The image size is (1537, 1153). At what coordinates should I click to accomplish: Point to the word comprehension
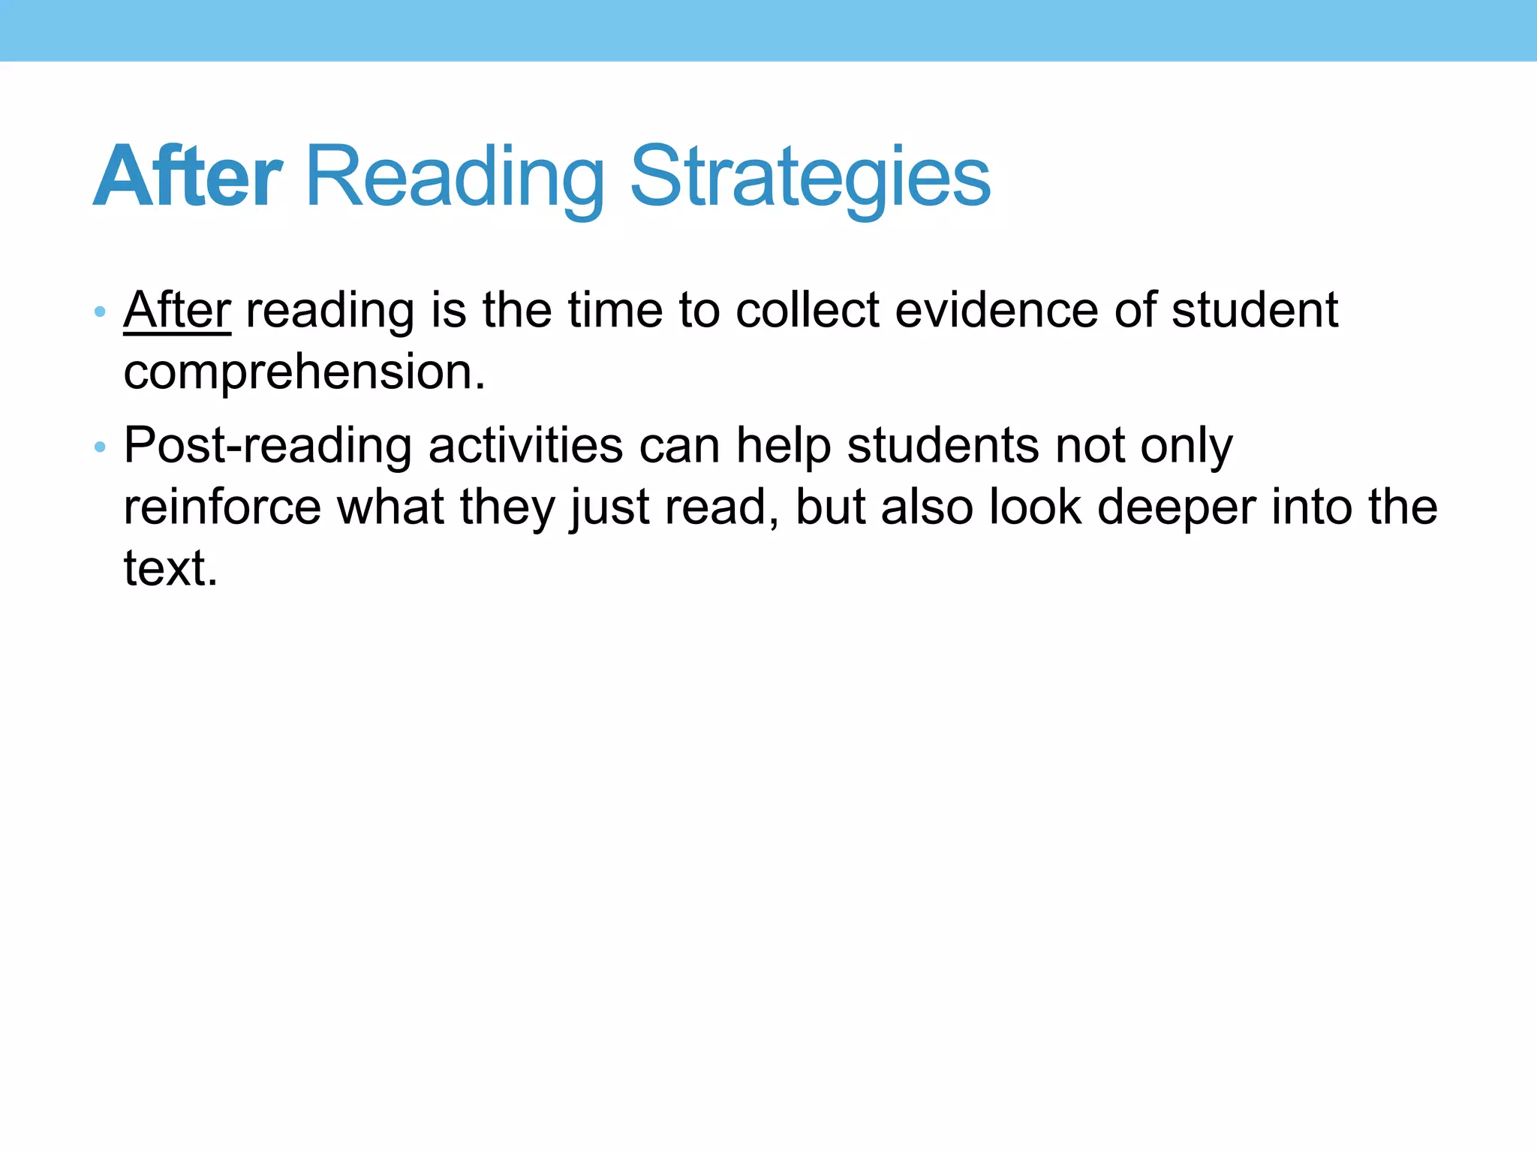pyautogui.click(x=304, y=372)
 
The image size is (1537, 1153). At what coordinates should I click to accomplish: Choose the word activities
pyautogui.click(x=525, y=446)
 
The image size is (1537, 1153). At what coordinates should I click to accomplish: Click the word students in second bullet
pyautogui.click(x=943, y=446)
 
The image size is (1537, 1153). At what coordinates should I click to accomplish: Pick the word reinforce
pyautogui.click(x=222, y=507)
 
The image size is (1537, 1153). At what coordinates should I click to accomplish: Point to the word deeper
pyautogui.click(x=1176, y=508)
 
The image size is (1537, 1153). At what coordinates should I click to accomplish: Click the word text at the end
pyautogui.click(x=170, y=568)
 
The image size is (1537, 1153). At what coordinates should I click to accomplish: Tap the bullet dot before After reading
pyautogui.click(x=100, y=312)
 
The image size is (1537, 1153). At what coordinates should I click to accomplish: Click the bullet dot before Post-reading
pyautogui.click(x=100, y=448)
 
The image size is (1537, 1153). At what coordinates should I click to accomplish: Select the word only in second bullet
pyautogui.click(x=1187, y=446)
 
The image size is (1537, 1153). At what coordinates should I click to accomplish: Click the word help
pyautogui.click(x=784, y=446)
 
